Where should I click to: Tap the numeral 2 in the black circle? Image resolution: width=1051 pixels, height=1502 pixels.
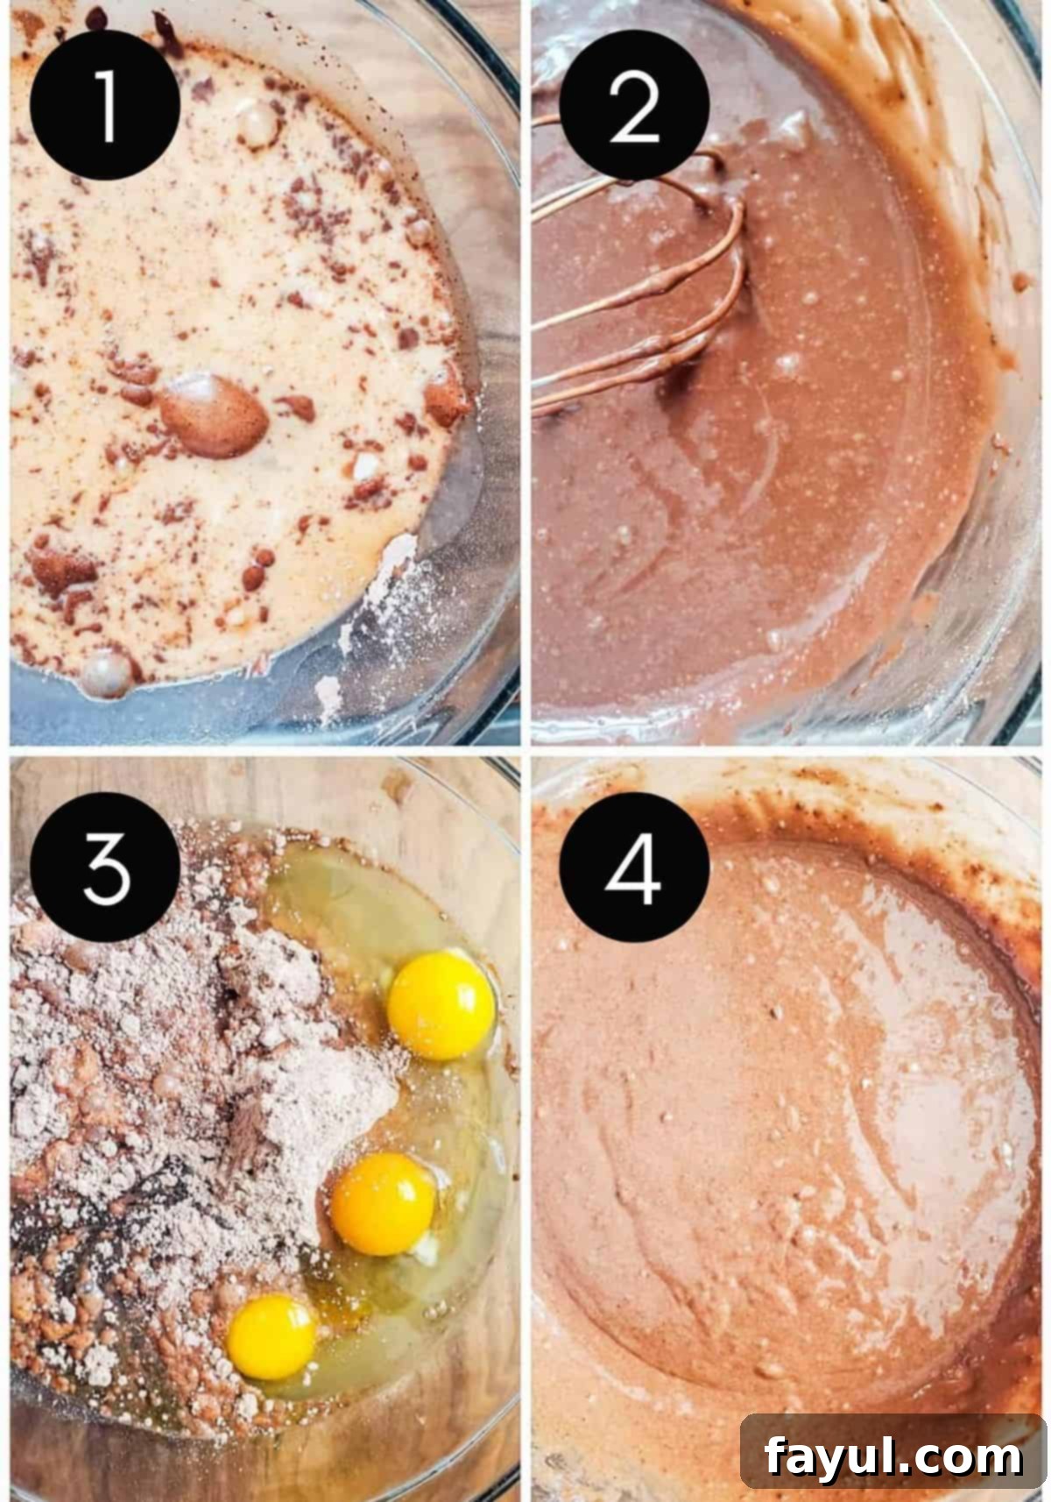(633, 107)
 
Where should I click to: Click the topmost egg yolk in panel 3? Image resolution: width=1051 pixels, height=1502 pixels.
(441, 1005)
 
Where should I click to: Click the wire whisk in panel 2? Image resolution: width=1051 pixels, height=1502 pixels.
(666, 289)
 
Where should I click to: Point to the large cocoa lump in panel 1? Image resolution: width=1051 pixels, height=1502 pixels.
(213, 416)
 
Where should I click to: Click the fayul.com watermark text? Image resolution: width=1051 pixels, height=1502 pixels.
(892, 1456)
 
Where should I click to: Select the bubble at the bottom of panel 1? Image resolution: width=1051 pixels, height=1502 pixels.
(106, 673)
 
